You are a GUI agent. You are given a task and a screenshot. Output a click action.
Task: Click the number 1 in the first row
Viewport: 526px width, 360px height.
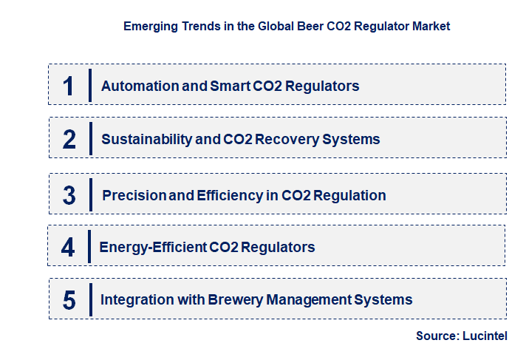coord(69,86)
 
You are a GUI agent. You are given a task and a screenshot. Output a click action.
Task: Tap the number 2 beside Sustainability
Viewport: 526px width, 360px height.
coord(69,139)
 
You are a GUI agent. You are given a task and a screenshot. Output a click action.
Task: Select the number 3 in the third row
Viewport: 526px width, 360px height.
coord(69,196)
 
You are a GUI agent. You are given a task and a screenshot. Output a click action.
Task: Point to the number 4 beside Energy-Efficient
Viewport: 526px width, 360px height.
coord(68,247)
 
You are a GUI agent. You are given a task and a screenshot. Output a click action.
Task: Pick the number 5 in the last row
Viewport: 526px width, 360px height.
coord(69,300)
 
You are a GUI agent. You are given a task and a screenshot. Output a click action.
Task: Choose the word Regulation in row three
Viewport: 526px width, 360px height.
coord(349,196)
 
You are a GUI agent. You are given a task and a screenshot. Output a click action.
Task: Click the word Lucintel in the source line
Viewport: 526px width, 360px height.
coord(485,336)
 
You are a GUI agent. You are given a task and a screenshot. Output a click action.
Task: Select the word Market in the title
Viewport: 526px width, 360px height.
coord(431,26)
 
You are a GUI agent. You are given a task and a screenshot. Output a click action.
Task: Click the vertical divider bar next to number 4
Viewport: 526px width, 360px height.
coord(88,246)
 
